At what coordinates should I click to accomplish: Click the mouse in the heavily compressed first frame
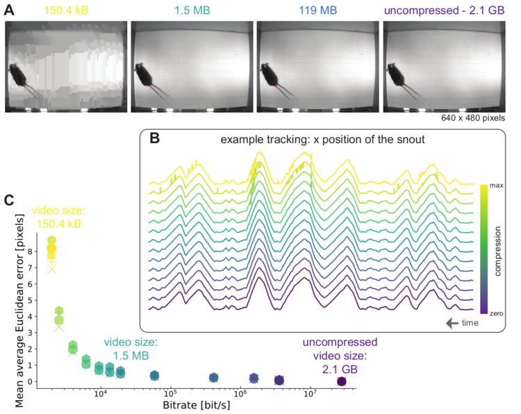[x=21, y=76]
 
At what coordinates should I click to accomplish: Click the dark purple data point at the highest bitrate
[x=341, y=381]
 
